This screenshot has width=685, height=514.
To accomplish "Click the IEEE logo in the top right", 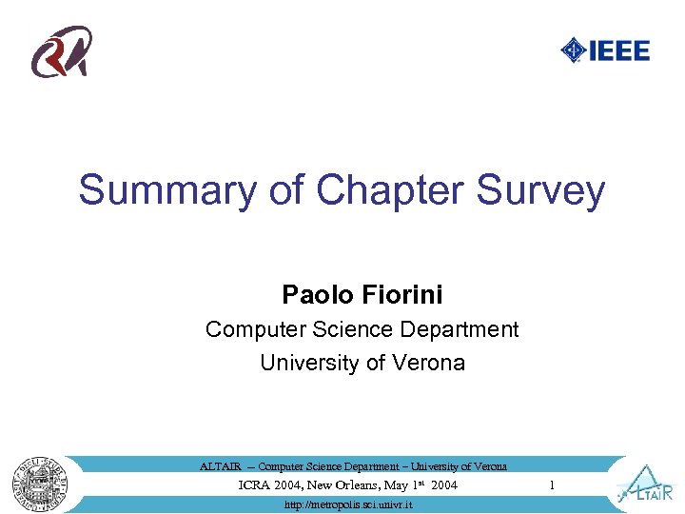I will [x=605, y=49].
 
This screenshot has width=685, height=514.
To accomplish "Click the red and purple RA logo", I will [x=63, y=52].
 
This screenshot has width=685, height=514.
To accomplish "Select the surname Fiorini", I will [x=402, y=293].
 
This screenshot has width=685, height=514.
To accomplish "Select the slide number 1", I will [x=551, y=485].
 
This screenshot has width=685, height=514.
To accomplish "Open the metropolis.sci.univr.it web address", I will [x=348, y=504].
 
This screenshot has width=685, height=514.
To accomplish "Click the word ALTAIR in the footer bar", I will [x=220, y=466].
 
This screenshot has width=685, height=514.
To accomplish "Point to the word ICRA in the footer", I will [x=253, y=485].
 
